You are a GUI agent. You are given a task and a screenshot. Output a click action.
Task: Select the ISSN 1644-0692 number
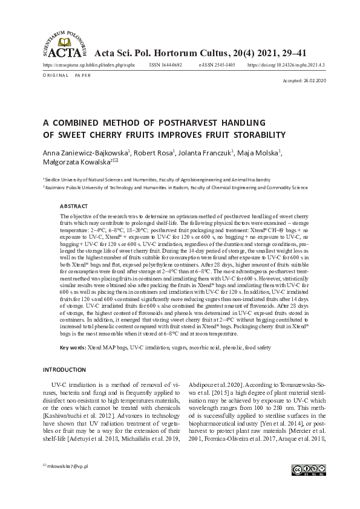pos(165,64)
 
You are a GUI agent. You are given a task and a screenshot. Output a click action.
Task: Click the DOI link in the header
pos(286,64)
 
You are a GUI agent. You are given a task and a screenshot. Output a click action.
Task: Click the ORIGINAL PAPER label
pos(67,75)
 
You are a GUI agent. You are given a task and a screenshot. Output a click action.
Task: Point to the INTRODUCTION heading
pos(65,369)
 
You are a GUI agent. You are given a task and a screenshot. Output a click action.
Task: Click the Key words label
pos(73,348)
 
